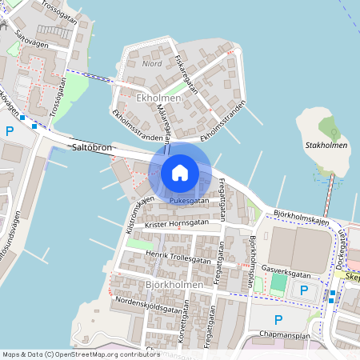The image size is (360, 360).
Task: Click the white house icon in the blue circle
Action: point(180,172)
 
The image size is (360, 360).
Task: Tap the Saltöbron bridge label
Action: point(92,148)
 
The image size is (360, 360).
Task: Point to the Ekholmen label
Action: point(159,98)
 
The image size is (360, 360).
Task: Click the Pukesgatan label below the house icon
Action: point(189,200)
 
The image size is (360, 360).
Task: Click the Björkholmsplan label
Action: point(254,256)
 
